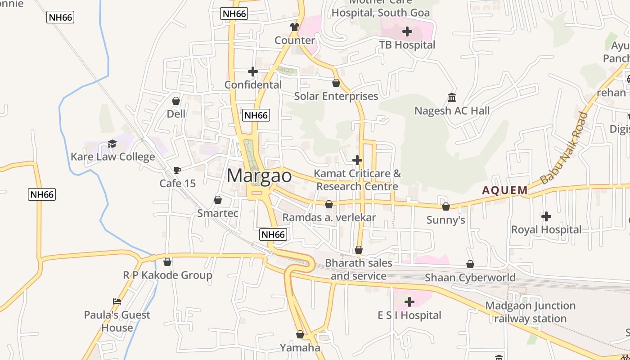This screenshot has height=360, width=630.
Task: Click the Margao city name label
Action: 259,175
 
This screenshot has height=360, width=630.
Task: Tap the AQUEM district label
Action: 504,190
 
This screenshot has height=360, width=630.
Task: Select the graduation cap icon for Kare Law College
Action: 112,144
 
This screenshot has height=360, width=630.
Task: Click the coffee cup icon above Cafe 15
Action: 177,170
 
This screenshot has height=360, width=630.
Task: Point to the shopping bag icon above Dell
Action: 176,101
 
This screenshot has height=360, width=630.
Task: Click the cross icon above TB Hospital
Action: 407,31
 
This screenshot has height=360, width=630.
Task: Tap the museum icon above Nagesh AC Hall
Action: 452,97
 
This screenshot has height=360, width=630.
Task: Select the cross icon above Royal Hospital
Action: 546,216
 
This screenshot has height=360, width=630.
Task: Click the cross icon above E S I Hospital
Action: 409,302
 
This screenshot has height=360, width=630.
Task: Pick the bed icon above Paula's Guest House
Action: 117,301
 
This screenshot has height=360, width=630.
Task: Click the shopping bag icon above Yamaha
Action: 300,334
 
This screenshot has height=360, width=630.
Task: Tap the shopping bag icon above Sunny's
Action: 445,207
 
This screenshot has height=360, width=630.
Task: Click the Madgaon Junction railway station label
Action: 530,312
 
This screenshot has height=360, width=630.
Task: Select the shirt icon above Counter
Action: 295,27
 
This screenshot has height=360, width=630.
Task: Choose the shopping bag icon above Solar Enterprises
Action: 336,83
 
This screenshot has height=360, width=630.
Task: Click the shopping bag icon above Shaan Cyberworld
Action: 470,264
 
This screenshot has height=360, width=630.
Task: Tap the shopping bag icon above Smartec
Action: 218,200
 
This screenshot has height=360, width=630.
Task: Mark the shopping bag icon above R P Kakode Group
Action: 167,261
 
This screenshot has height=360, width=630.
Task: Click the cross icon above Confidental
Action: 253,72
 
